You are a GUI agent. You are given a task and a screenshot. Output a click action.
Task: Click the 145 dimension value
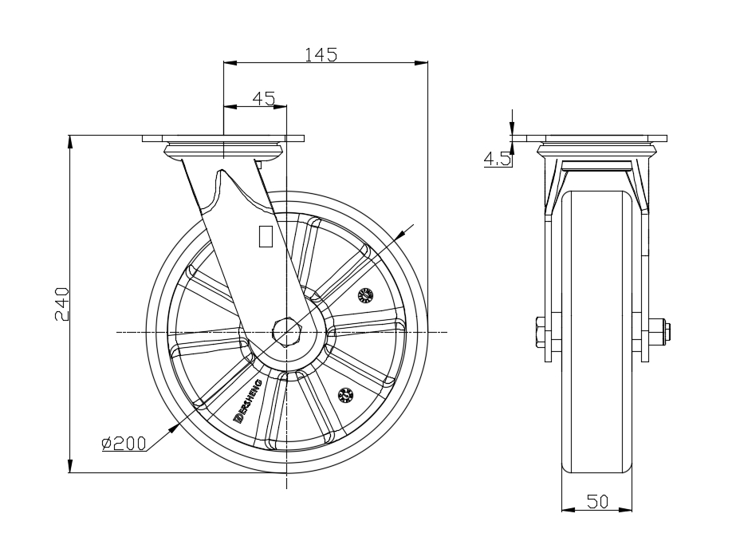coord(321,54)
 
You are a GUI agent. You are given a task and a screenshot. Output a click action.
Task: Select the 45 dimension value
coord(263,98)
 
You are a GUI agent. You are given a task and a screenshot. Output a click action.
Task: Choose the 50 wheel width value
coord(597,501)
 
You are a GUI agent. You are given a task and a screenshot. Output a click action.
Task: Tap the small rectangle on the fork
coord(266,235)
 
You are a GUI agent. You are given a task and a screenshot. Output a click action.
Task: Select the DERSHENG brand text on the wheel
coord(247,401)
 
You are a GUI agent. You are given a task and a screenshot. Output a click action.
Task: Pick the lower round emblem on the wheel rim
coord(346,394)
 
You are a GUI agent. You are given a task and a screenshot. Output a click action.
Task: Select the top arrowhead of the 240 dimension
coord(70,141)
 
